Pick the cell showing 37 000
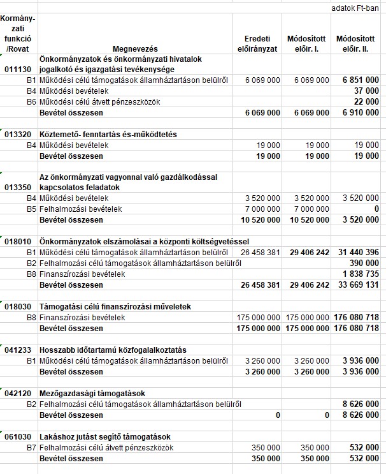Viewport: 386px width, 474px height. [366, 91]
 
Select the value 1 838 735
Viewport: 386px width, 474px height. [361, 274]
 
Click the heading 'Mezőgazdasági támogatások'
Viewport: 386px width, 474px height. [93, 393]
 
